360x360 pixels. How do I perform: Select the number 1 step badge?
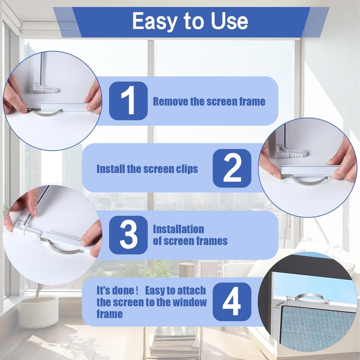pyautogui.click(x=128, y=101)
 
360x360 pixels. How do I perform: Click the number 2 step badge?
pyautogui.click(x=232, y=168)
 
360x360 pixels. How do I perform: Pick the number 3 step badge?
pyautogui.click(x=128, y=235)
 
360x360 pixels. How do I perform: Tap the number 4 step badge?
pyautogui.click(x=232, y=302)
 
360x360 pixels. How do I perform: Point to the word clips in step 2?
pyautogui.click(x=186, y=169)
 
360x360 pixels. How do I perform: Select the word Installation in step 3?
pyautogui.click(x=178, y=229)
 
